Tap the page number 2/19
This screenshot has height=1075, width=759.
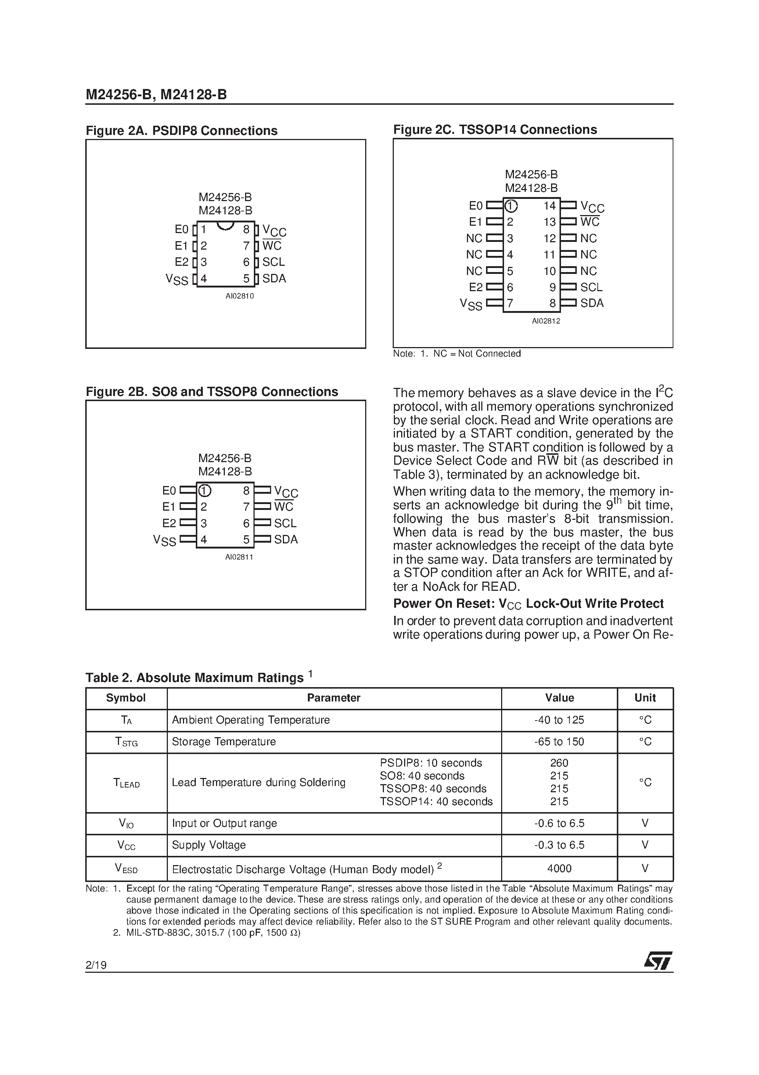point(96,965)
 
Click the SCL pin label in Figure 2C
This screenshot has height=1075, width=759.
point(591,287)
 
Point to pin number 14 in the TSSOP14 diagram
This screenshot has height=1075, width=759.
point(549,206)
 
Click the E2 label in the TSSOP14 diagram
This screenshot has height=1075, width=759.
point(475,287)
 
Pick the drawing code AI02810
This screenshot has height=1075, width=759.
point(239,296)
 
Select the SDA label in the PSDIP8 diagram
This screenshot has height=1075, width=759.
point(274,278)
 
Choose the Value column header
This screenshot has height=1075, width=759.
point(559,698)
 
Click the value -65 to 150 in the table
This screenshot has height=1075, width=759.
point(559,742)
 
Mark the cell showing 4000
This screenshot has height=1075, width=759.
point(559,868)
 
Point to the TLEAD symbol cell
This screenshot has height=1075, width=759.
point(126,783)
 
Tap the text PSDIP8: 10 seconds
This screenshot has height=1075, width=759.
point(431,763)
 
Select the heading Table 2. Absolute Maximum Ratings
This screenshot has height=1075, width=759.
point(194,678)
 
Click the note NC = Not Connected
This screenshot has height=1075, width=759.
point(476,354)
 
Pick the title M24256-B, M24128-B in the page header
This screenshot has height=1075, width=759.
point(156,95)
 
